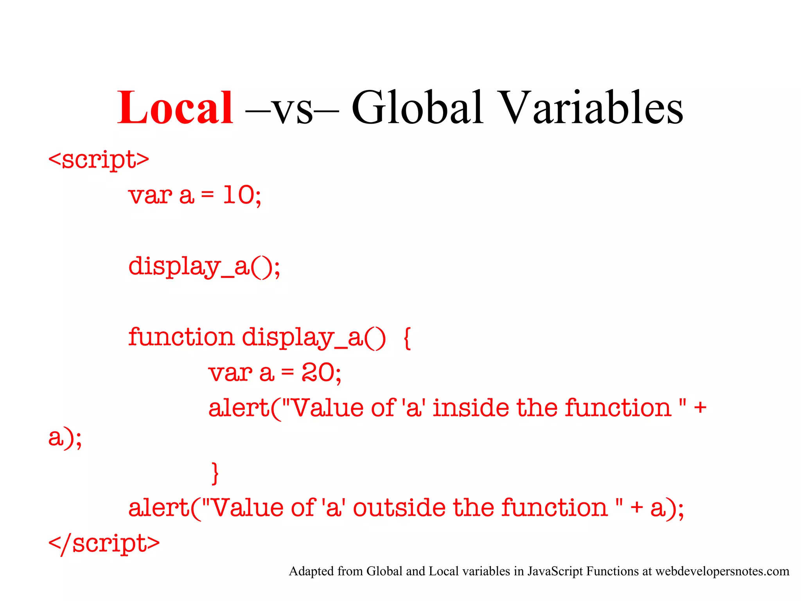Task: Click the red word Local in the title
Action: [x=175, y=108]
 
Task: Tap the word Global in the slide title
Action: [x=417, y=108]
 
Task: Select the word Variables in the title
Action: [x=591, y=108]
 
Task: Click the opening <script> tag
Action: [x=99, y=160]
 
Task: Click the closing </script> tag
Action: [x=104, y=543]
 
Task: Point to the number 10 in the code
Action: [x=239, y=195]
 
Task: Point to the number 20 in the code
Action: [x=318, y=372]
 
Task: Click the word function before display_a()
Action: [x=181, y=337]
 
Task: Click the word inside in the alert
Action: [x=471, y=408]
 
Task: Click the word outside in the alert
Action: [x=399, y=508]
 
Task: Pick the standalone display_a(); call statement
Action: [x=204, y=267]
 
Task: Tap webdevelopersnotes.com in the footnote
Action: [x=722, y=571]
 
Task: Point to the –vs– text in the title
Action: [x=292, y=108]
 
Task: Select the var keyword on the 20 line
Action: [x=230, y=372]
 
